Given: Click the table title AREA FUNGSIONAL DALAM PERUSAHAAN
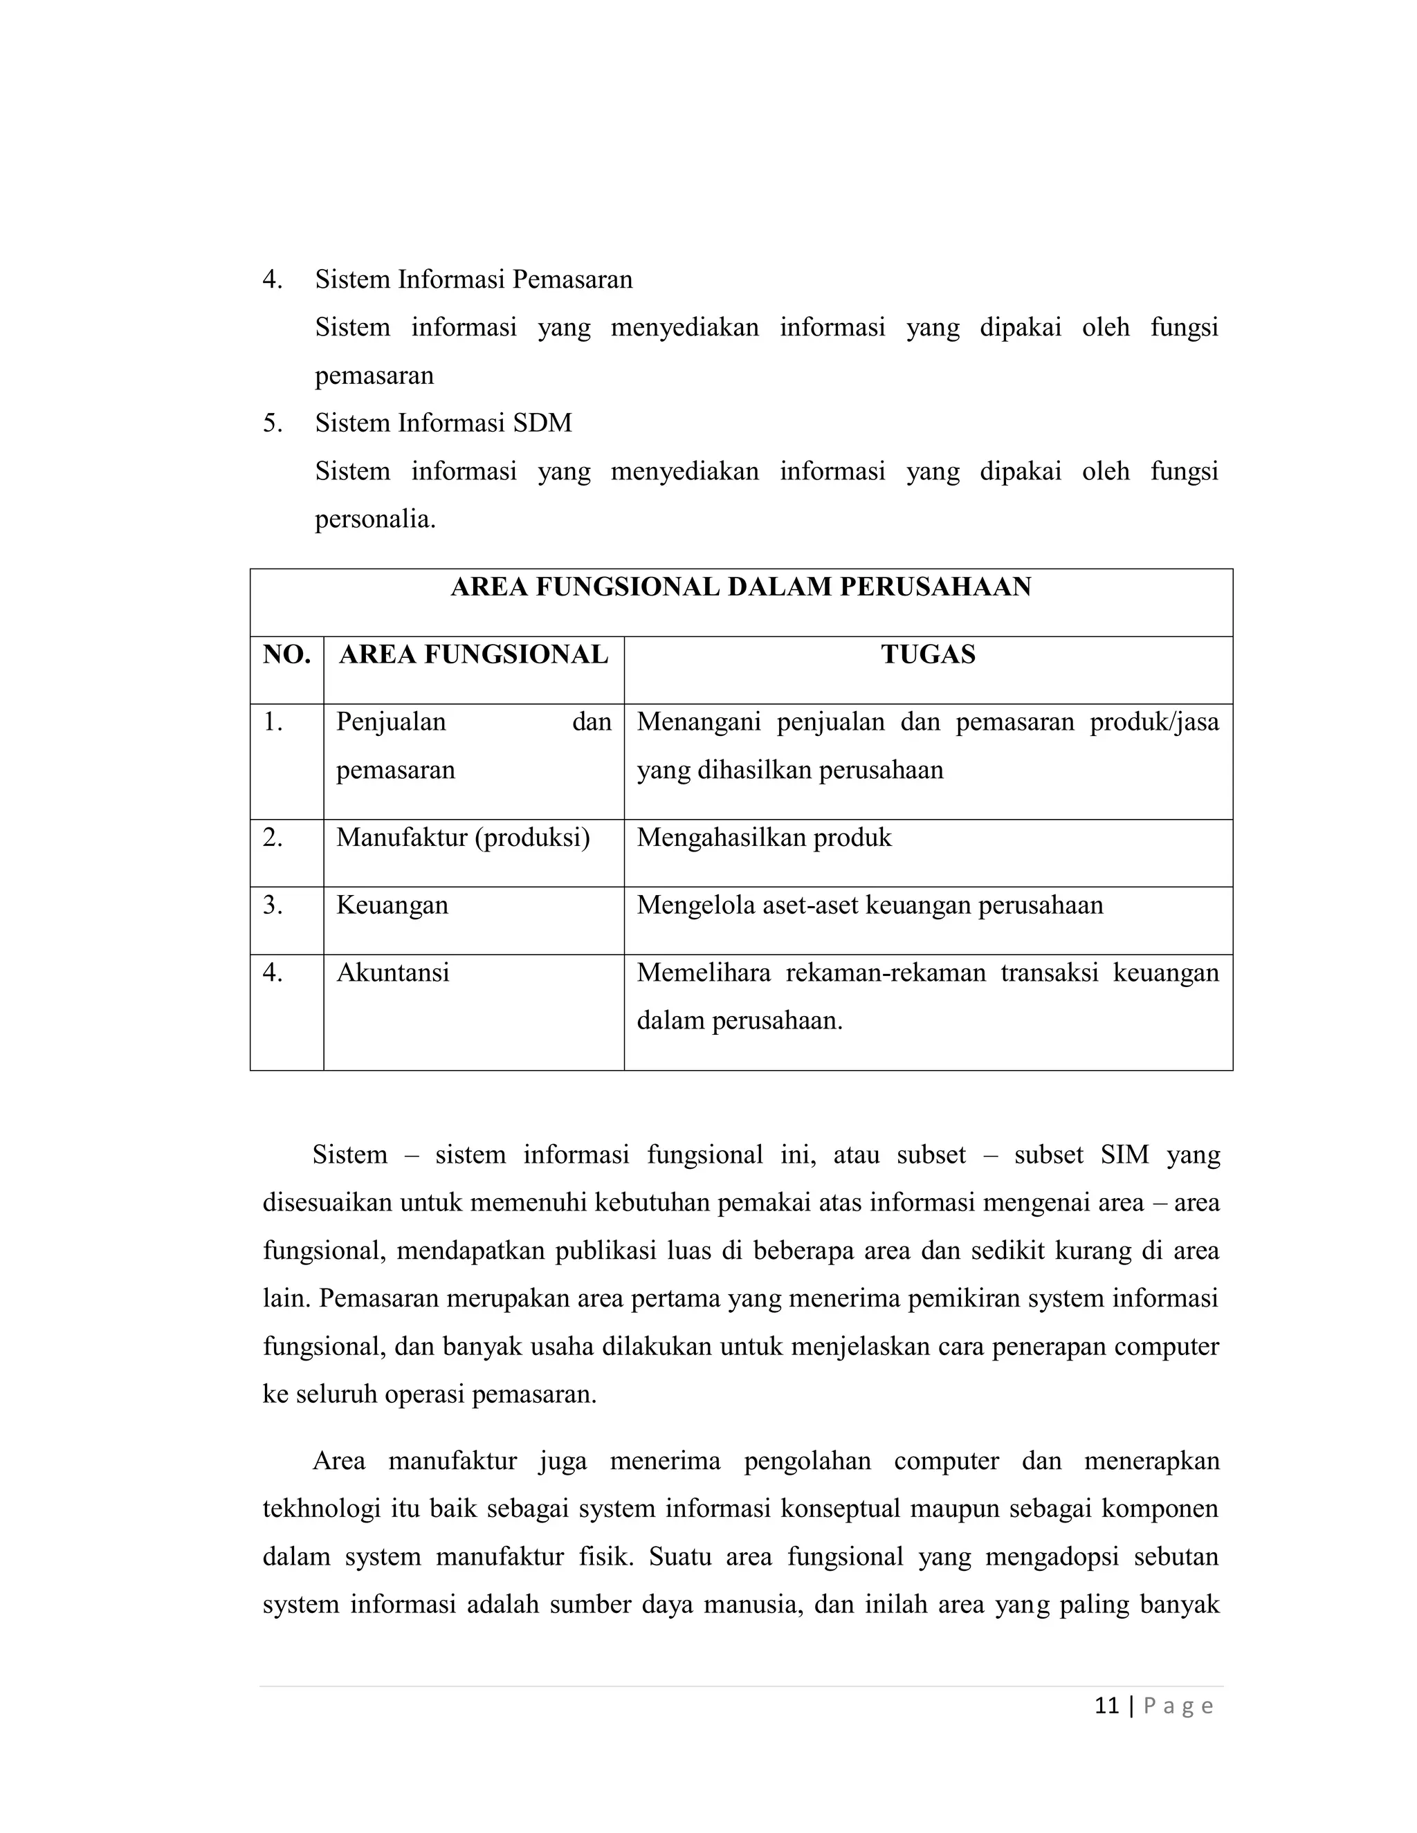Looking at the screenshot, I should pyautogui.click(x=740, y=587).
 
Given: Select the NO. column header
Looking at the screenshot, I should pyautogui.click(x=286, y=654).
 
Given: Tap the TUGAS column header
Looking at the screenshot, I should pyautogui.click(x=928, y=654).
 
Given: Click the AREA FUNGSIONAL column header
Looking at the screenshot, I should pyautogui.click(x=473, y=654).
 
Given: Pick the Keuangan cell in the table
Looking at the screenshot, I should pyautogui.click(x=392, y=905).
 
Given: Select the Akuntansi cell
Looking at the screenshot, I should pyautogui.click(x=393, y=973).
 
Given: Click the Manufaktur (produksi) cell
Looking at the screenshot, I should pyautogui.click(x=463, y=838).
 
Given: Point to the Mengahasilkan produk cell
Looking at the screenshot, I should pyautogui.click(x=764, y=838).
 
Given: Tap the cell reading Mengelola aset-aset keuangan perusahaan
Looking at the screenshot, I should pyautogui.click(x=870, y=905).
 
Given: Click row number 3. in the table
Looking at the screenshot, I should pyautogui.click(x=273, y=905).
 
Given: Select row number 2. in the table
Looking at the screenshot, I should pyautogui.click(x=273, y=838).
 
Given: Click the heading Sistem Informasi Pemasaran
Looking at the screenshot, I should pyautogui.click(x=473, y=279).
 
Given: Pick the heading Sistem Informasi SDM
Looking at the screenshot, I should pyautogui.click(x=444, y=423).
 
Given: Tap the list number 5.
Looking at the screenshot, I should pyautogui.click(x=272, y=423).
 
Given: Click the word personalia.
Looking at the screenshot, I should pyautogui.click(x=374, y=519).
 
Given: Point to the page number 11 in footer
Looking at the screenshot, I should pyautogui.click(x=1106, y=1706).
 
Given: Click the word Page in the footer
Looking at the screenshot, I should pyautogui.click(x=1178, y=1706).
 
